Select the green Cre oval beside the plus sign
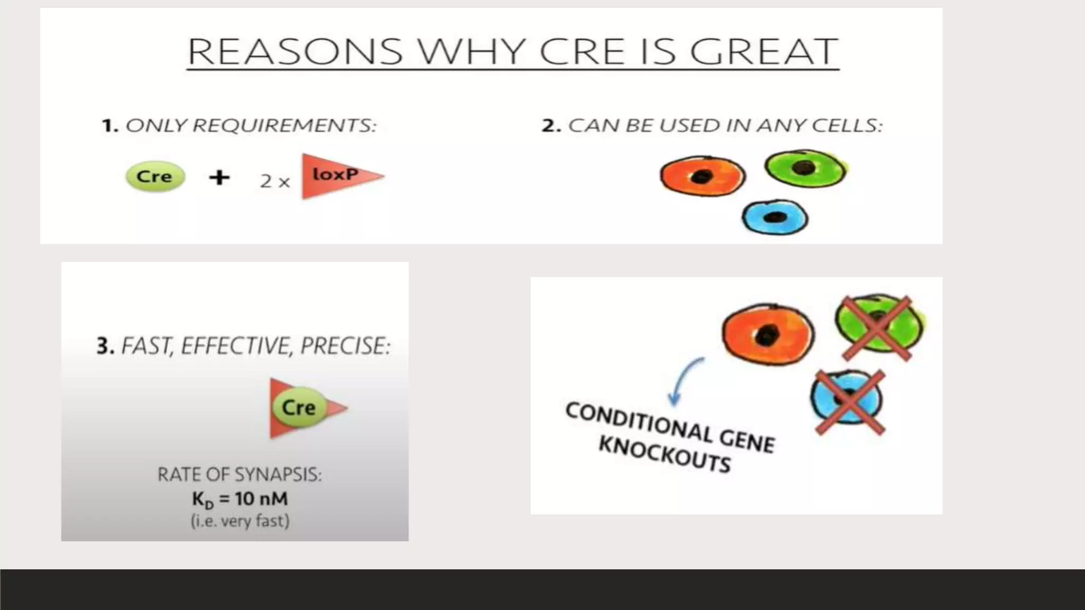(x=155, y=176)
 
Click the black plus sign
(x=219, y=177)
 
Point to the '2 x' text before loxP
(x=275, y=182)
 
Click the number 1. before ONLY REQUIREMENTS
(x=109, y=126)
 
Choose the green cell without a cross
(x=804, y=168)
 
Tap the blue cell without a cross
(x=775, y=217)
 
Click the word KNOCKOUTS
(x=664, y=454)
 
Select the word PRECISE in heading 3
(x=345, y=346)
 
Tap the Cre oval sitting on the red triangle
(x=299, y=407)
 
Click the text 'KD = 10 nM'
(x=239, y=499)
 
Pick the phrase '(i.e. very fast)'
(x=240, y=521)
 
